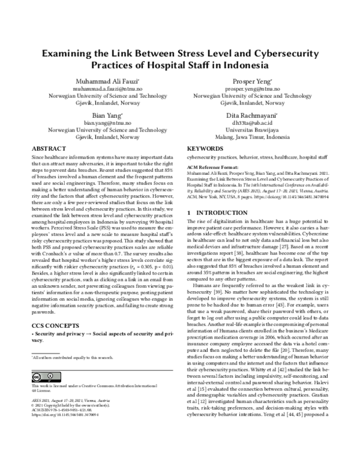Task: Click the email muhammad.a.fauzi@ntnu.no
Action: click(x=106, y=88)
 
